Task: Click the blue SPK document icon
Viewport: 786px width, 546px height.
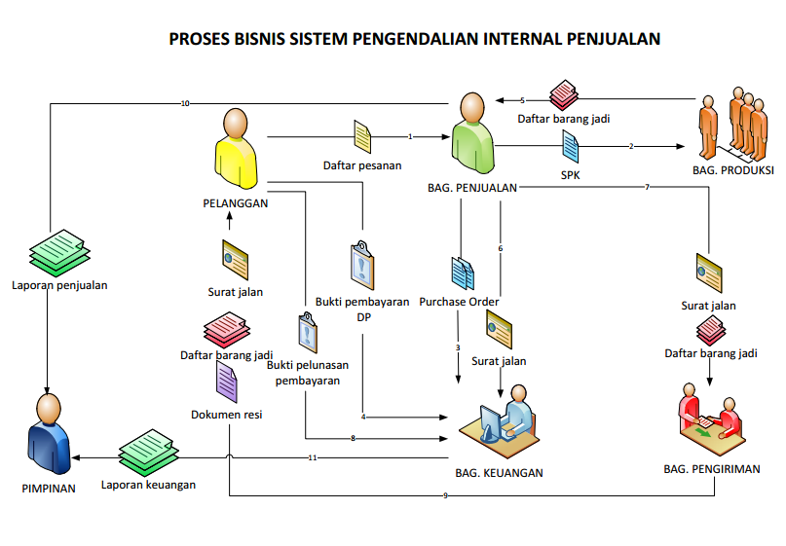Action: click(x=571, y=148)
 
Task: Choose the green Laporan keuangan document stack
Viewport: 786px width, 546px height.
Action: click(x=148, y=451)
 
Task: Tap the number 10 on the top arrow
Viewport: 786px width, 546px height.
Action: click(x=185, y=102)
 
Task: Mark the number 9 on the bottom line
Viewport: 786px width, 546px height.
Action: click(x=445, y=496)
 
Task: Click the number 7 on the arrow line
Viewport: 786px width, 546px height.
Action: click(x=647, y=187)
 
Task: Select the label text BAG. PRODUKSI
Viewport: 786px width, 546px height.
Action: click(x=732, y=170)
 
